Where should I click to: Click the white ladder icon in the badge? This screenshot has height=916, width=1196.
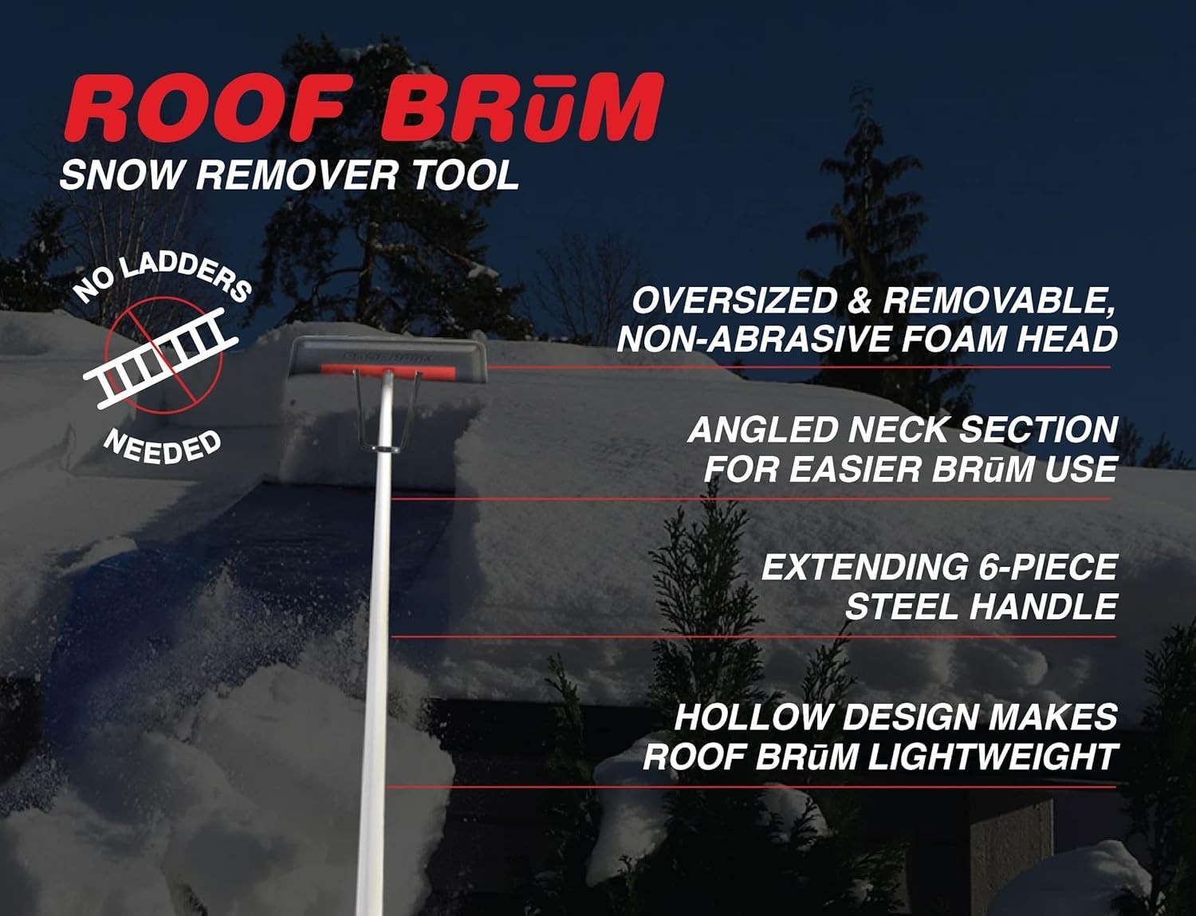click(163, 357)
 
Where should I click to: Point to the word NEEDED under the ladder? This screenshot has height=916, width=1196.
click(163, 447)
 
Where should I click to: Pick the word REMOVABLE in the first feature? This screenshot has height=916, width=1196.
click(997, 301)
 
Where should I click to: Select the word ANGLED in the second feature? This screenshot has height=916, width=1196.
click(761, 430)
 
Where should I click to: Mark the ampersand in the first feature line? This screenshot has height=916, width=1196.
click(858, 301)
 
